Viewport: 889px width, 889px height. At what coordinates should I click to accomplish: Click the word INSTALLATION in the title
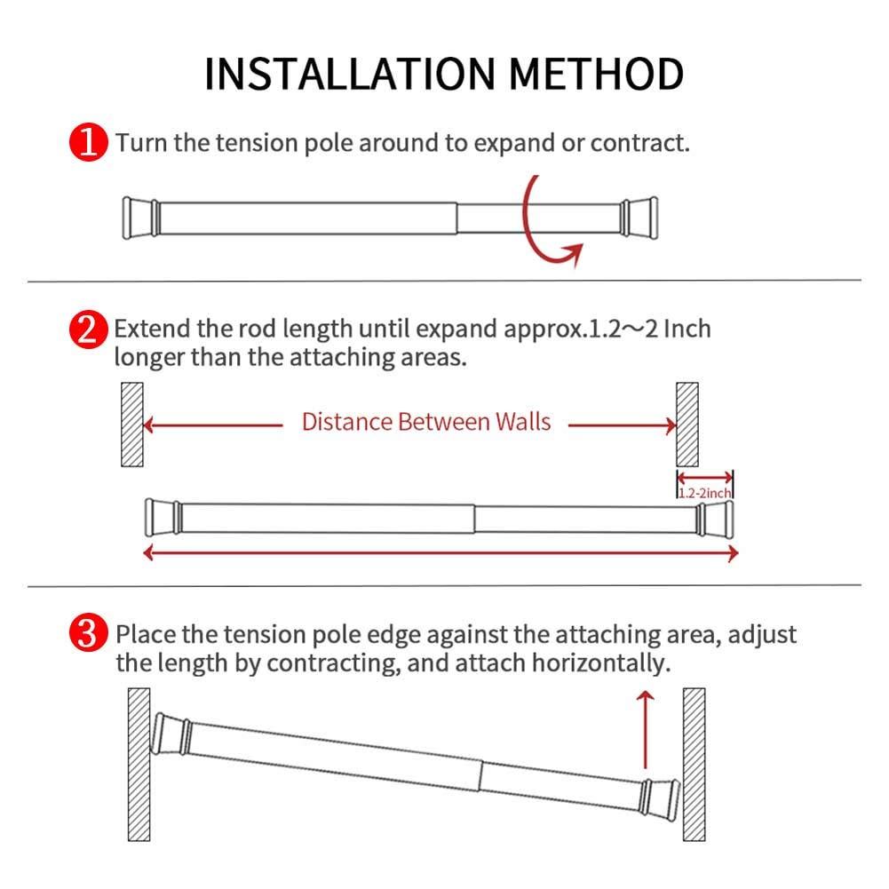(x=347, y=74)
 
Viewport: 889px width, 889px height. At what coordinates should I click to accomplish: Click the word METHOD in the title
(x=594, y=74)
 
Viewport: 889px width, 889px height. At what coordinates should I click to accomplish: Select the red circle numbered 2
(x=89, y=330)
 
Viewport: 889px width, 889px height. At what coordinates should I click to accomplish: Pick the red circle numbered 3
(x=90, y=636)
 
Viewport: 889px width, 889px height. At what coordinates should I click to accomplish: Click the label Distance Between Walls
(x=425, y=422)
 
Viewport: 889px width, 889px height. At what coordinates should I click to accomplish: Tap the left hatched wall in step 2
(x=131, y=425)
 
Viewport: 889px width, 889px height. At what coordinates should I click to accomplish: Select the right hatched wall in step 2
(x=687, y=425)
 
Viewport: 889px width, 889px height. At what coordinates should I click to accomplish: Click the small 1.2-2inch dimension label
(x=704, y=492)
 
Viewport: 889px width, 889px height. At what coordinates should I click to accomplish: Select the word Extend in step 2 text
(x=151, y=329)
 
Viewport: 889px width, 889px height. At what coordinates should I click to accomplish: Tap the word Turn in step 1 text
(x=142, y=143)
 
